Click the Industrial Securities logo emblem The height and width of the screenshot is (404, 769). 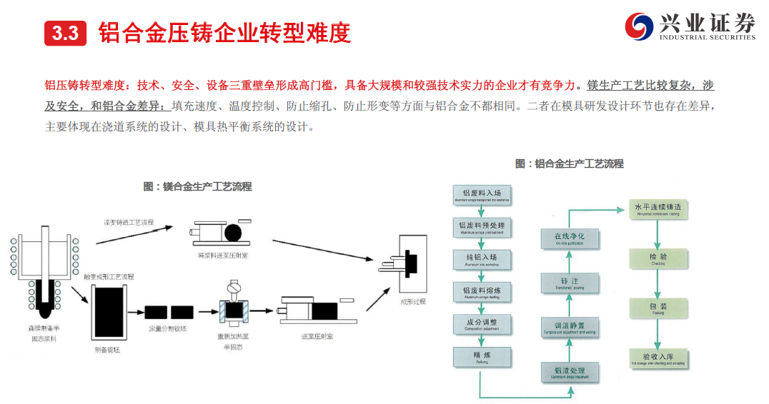pyautogui.click(x=639, y=26)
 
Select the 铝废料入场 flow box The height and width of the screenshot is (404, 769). pyautogui.click(x=482, y=196)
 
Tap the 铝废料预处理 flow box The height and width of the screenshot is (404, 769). pyautogui.click(x=482, y=227)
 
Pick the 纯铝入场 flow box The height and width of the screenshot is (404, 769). pyautogui.click(x=482, y=258)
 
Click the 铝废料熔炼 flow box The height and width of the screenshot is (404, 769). pyautogui.click(x=482, y=291)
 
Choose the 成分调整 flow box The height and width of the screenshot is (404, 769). pyautogui.click(x=482, y=324)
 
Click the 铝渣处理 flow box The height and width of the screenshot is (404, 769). pyautogui.click(x=569, y=373)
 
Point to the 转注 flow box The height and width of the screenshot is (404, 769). pyautogui.click(x=569, y=283)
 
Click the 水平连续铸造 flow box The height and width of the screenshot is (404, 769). pyautogui.click(x=658, y=210)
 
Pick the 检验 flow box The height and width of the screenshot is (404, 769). pyautogui.click(x=658, y=258)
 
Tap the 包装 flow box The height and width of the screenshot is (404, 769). pyautogui.click(x=658, y=308)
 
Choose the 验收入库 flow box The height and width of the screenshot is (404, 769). pyautogui.click(x=658, y=358)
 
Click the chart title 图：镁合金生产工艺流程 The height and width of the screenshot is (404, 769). pyautogui.click(x=197, y=187)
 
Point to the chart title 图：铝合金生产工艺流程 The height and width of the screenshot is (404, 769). pyautogui.click(x=569, y=163)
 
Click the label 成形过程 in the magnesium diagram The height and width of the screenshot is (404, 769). pyautogui.click(x=412, y=301)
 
